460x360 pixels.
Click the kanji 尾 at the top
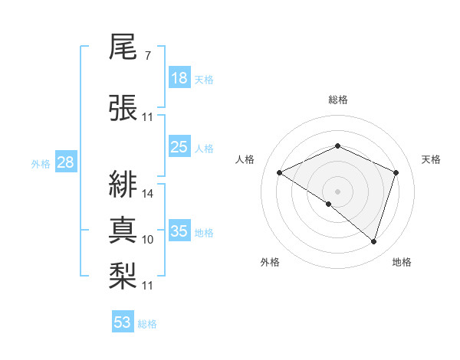[123, 49]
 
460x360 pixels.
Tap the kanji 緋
[123, 182]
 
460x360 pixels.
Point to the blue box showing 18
[179, 78]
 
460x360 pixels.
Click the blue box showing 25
[179, 147]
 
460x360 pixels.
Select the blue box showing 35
[179, 231]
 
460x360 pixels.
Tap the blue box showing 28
[65, 162]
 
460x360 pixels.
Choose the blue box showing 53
[123, 322]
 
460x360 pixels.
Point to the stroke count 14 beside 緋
[148, 194]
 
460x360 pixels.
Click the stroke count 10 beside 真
[148, 240]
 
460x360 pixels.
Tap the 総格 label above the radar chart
[337, 100]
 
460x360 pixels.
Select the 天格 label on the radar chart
[431, 159]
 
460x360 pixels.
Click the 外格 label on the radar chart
[270, 262]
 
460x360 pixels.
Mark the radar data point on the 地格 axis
[373, 241]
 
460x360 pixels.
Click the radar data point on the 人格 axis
[280, 173]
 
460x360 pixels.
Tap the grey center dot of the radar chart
[337, 191]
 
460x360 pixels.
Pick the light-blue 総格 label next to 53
[147, 324]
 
